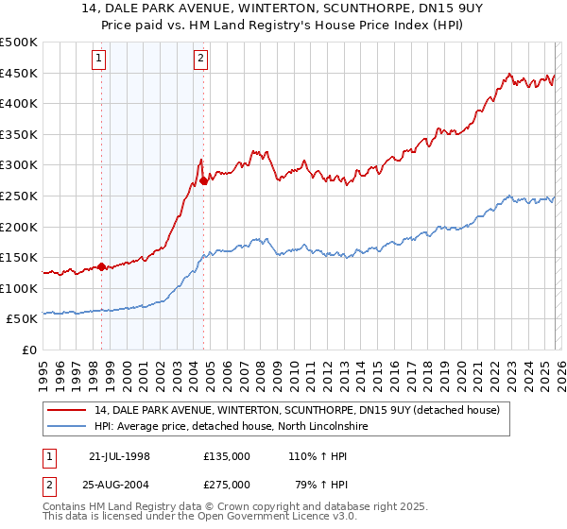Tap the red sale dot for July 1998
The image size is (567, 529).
click(x=101, y=266)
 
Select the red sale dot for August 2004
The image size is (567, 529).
click(x=203, y=180)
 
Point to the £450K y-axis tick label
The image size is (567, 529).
click(x=19, y=73)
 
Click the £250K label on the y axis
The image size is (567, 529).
click(x=19, y=196)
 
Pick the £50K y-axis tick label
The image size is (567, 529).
click(x=23, y=319)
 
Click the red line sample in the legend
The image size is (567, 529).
click(x=67, y=410)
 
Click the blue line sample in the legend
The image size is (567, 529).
click(x=67, y=426)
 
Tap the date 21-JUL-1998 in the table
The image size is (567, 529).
click(x=119, y=456)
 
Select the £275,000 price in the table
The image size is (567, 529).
click(x=227, y=486)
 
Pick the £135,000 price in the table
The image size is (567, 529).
click(x=227, y=456)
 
